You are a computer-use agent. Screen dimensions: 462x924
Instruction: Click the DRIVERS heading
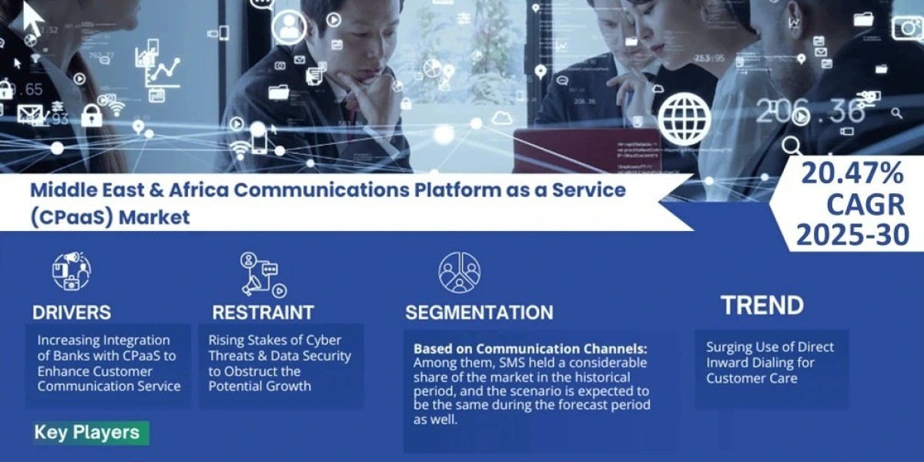pyautogui.click(x=72, y=313)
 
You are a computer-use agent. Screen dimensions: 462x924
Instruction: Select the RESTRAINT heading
pyautogui.click(x=263, y=313)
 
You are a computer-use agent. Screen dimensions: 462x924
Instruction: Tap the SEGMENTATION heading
pyautogui.click(x=479, y=313)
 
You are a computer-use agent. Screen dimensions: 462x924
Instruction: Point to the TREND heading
pyautogui.click(x=762, y=306)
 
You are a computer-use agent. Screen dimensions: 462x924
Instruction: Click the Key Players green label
pyautogui.click(x=87, y=432)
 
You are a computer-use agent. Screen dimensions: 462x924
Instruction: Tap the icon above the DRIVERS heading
pyautogui.click(x=71, y=272)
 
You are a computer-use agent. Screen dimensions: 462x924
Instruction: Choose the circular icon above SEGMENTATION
pyautogui.click(x=460, y=272)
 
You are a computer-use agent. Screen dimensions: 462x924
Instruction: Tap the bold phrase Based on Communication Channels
pyautogui.click(x=530, y=348)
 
